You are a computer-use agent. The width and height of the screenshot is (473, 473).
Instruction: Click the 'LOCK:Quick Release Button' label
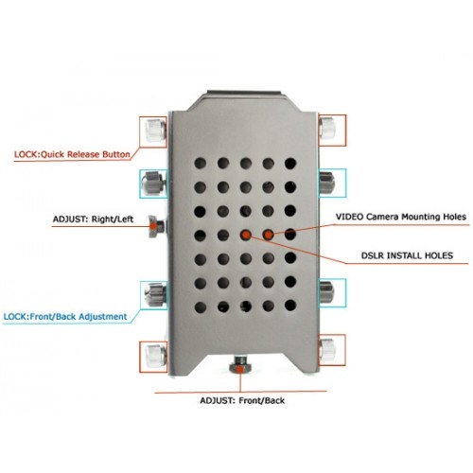tap(72, 154)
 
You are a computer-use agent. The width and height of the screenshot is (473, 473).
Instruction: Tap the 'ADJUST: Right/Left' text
tap(93, 219)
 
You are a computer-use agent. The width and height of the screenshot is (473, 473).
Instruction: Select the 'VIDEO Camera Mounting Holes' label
tap(401, 217)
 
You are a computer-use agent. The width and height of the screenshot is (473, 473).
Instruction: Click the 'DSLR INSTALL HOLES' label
tap(407, 255)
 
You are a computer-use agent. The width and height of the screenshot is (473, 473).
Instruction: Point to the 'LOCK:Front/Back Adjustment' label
tap(65, 317)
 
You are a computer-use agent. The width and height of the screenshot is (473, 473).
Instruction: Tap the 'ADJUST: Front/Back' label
tap(242, 400)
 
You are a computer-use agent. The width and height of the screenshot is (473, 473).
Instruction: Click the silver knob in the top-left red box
tap(156, 130)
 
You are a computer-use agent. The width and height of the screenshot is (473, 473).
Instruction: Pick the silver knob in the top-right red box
tap(327, 128)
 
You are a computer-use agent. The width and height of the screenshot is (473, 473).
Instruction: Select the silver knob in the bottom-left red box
tap(156, 356)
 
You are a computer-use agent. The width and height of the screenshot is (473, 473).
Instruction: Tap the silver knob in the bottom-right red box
tap(327, 350)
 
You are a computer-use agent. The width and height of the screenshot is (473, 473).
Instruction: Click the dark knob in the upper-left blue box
tap(154, 183)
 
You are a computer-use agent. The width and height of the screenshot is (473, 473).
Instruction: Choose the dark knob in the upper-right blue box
tap(326, 182)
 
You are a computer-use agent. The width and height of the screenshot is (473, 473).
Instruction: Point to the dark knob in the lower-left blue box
tap(155, 294)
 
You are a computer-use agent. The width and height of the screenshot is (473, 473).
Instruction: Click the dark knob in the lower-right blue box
tap(326, 292)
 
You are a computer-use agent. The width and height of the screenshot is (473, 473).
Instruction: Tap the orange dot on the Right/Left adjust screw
tap(153, 226)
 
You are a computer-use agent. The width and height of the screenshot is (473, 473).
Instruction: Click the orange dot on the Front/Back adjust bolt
tap(240, 370)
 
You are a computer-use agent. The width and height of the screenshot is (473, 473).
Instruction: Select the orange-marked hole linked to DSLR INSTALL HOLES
tap(246, 235)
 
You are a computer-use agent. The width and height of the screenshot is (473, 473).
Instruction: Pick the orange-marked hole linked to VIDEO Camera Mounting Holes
tap(269, 235)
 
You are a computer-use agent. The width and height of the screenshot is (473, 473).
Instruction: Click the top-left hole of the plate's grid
tap(201, 164)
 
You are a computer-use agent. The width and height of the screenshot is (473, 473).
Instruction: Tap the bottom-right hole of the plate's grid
tap(290, 306)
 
